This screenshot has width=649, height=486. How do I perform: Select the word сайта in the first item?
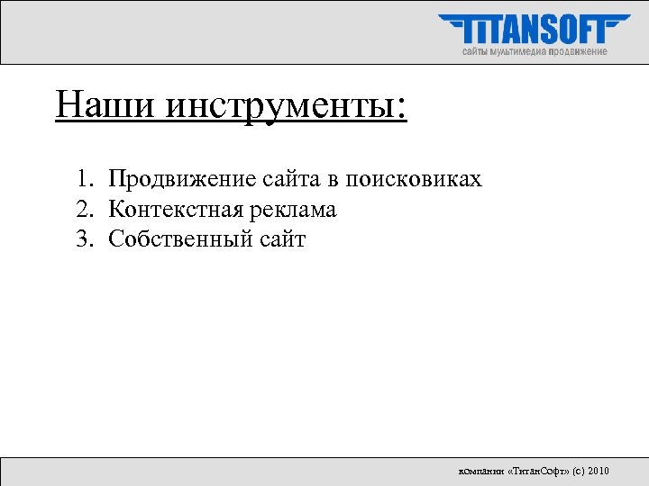tap(290, 180)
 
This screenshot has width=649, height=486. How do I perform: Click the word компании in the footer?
tap(481, 471)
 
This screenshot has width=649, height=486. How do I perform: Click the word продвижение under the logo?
tap(578, 52)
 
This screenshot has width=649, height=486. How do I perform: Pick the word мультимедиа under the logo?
tap(516, 52)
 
